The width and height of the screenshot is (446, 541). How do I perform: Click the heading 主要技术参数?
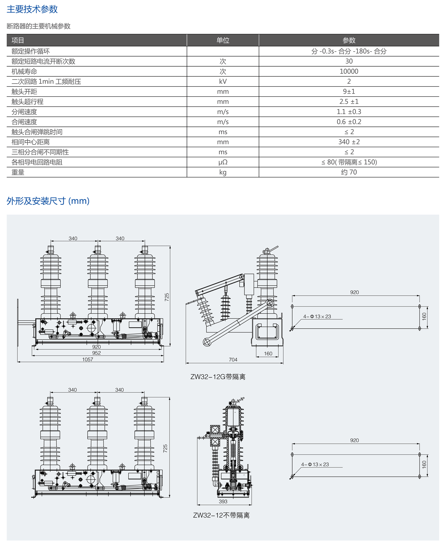click(x=32, y=9)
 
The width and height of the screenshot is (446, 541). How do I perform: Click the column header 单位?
click(x=223, y=40)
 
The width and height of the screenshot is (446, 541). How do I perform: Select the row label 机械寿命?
click(x=24, y=71)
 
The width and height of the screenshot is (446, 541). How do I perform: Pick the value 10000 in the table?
click(x=349, y=71)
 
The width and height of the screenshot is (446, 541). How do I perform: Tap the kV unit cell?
click(x=223, y=81)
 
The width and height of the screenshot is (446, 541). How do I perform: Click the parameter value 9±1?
click(x=349, y=92)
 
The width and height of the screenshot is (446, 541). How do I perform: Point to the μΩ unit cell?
click(x=223, y=162)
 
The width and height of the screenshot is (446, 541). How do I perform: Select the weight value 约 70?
click(x=349, y=172)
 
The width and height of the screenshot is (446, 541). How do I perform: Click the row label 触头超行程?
click(x=27, y=102)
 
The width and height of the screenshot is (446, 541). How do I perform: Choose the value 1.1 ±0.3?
click(x=349, y=112)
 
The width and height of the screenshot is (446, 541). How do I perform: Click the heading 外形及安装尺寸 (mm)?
click(x=48, y=201)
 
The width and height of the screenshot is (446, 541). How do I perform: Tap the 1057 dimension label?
click(x=88, y=359)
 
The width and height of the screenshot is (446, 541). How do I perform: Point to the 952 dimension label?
click(x=96, y=353)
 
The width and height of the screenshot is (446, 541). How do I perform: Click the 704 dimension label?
click(x=233, y=360)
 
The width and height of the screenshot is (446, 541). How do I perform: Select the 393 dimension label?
click(x=223, y=502)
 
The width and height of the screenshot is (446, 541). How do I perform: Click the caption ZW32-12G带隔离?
click(x=218, y=377)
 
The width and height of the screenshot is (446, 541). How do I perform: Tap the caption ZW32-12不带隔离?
click(x=221, y=515)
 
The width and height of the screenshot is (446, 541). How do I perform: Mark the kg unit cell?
click(x=223, y=172)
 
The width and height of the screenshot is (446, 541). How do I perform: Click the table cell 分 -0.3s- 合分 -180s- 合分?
click(x=349, y=51)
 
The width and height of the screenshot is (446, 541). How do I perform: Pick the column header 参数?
click(x=349, y=40)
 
